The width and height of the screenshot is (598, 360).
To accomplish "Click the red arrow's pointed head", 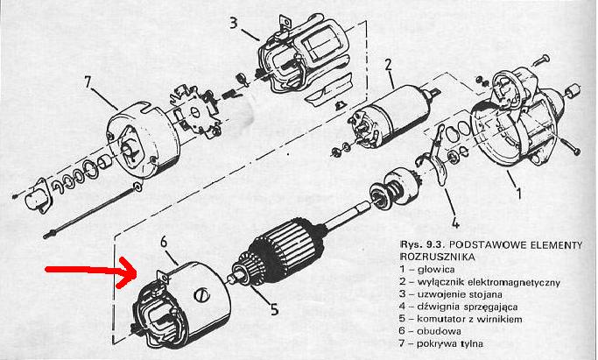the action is pos(137,272).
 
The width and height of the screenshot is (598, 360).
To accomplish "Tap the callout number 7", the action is pos(88,81).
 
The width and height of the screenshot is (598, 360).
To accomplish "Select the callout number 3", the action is pos(234,23).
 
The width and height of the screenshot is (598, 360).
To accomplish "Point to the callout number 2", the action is pos(388,65).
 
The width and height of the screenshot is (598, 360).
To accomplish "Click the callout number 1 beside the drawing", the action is pos(518,193).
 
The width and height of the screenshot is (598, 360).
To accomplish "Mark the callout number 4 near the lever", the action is pos(455,222).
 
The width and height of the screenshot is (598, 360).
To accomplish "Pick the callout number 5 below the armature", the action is pos(275,308).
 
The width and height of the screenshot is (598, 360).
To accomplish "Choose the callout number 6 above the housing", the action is pos(164,242).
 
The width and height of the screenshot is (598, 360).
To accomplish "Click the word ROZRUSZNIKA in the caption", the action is pos(438,257).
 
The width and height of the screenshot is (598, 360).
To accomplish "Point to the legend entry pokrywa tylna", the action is pos(450,343).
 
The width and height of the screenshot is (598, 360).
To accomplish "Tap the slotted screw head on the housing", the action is pos(201,295).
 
